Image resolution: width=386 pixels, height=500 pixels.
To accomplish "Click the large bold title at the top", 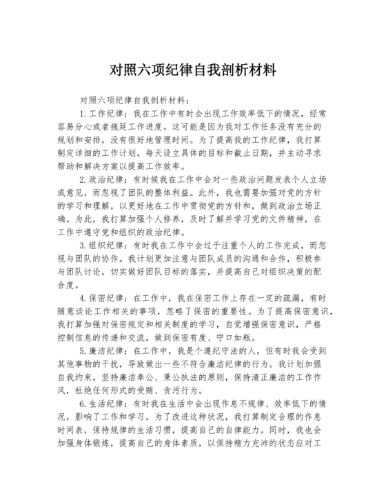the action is pos(193,70).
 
